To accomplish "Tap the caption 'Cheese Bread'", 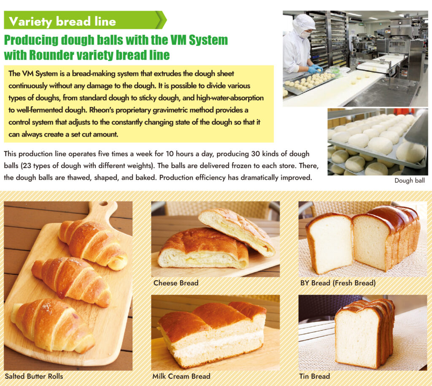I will (176, 283).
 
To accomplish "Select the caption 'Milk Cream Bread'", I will (181, 376).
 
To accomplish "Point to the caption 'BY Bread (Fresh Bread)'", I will (337, 283).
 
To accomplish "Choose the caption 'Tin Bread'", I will (314, 376).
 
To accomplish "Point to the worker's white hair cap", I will (304, 23).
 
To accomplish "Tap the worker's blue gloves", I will (314, 69).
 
